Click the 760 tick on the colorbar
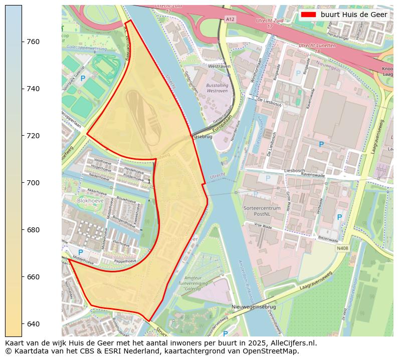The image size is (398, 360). click(22, 42)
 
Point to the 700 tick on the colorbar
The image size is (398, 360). click(22, 183)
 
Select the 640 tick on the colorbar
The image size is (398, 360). click(22, 324)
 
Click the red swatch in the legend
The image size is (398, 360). click(308, 15)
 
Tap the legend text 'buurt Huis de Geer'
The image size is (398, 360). click(354, 15)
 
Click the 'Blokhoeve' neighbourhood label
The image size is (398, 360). click(91, 200)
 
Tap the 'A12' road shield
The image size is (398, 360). click(230, 19)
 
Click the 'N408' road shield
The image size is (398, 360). click(342, 248)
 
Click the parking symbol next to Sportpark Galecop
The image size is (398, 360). click(83, 78)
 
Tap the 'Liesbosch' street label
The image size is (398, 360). click(294, 171)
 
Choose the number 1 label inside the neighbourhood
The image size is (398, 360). click(149, 181)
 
